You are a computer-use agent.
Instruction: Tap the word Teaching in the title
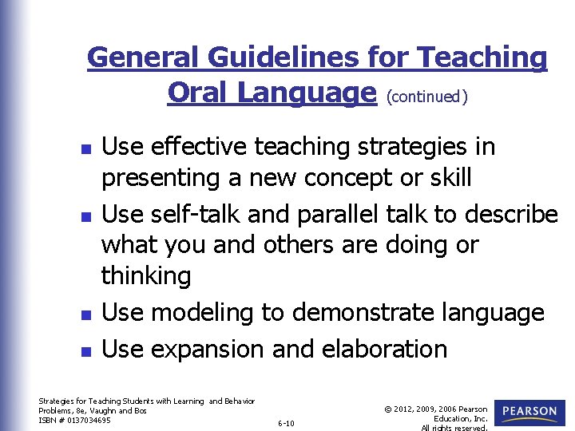pyautogui.click(x=482, y=58)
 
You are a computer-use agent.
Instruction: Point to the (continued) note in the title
pyautogui.click(x=426, y=97)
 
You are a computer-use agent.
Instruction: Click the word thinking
pyautogui.click(x=146, y=276)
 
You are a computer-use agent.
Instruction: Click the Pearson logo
pyautogui.click(x=529, y=413)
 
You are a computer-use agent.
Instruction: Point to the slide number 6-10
pyautogui.click(x=286, y=423)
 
